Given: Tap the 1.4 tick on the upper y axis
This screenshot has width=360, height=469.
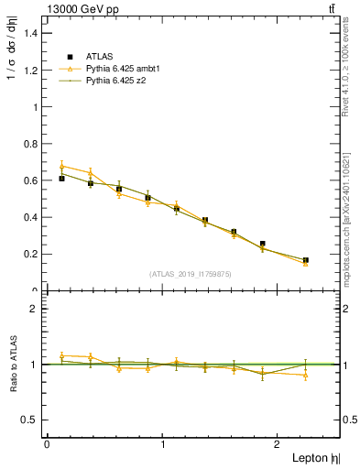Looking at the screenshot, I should click(x=30, y=33).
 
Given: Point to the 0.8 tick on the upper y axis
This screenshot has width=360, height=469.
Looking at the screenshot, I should click(x=30, y=144).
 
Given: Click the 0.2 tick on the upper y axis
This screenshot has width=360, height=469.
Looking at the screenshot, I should click(x=30, y=255).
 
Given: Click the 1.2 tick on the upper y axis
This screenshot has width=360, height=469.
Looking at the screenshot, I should click(x=30, y=70).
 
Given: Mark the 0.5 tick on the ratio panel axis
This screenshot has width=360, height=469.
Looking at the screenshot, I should click(x=30, y=420).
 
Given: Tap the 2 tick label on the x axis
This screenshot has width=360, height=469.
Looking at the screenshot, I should click(x=279, y=443).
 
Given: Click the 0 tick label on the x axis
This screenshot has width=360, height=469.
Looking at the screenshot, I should click(x=47, y=443).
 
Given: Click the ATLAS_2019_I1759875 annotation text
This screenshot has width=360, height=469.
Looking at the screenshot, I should click(x=191, y=273).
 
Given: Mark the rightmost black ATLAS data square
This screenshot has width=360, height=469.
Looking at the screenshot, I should click(x=306, y=260).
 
